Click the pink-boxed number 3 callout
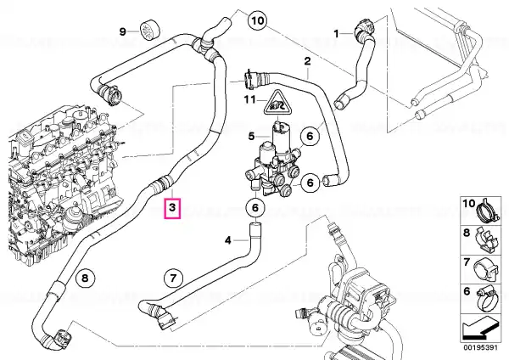172,208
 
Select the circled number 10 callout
257,21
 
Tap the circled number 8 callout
85,278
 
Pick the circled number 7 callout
173,278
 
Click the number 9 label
122,31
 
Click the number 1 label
336,33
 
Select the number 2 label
307,61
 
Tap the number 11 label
250,99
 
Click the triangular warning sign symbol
277,104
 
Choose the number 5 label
252,136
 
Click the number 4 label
228,240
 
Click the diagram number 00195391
480,347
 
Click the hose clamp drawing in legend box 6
487,299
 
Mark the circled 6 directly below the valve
255,207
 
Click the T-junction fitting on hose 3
204,46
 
